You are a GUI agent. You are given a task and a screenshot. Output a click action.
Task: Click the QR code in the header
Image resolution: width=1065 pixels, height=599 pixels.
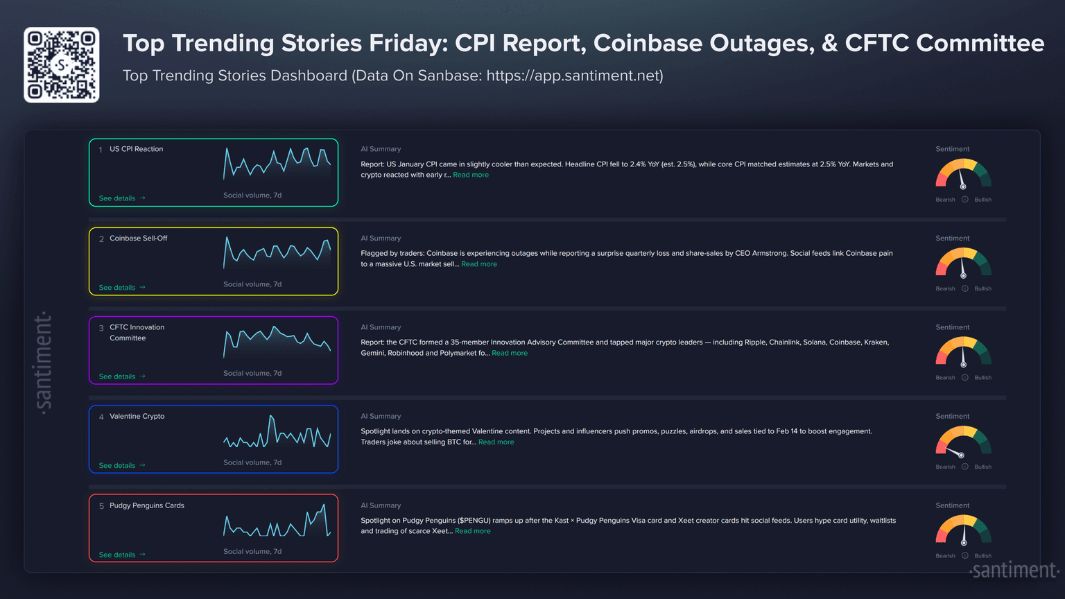[62, 65]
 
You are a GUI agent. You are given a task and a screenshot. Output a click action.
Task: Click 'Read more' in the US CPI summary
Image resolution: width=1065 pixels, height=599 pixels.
[471, 175]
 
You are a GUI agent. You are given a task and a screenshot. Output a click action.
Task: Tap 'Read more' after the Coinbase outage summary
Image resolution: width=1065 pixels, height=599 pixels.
[479, 264]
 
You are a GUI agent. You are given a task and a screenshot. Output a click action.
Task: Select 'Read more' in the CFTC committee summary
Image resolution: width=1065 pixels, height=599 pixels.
[510, 353]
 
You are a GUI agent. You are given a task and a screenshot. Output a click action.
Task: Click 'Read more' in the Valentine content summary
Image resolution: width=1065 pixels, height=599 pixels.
[496, 442]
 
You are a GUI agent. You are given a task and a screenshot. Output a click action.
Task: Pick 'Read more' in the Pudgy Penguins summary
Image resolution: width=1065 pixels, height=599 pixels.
[473, 531]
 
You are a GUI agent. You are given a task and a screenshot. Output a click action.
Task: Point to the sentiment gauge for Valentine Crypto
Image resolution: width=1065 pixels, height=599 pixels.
[963, 442]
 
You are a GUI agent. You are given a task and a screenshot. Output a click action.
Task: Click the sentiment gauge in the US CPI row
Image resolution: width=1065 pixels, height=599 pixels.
[963, 175]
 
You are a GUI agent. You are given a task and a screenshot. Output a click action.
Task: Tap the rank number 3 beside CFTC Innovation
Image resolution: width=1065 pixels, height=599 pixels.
[101, 328]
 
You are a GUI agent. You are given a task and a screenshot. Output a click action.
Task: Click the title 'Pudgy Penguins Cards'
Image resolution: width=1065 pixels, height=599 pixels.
[147, 505]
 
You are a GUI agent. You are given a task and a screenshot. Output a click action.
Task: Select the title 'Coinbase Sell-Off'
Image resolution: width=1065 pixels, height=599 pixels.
[139, 238]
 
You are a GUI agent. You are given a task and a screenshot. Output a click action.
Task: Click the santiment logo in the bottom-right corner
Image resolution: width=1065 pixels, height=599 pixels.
[1014, 571]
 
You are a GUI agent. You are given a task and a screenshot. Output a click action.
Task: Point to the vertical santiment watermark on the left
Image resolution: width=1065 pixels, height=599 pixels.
[43, 363]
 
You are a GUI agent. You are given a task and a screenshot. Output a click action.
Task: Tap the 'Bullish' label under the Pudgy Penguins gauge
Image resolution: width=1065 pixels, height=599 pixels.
[982, 556]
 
